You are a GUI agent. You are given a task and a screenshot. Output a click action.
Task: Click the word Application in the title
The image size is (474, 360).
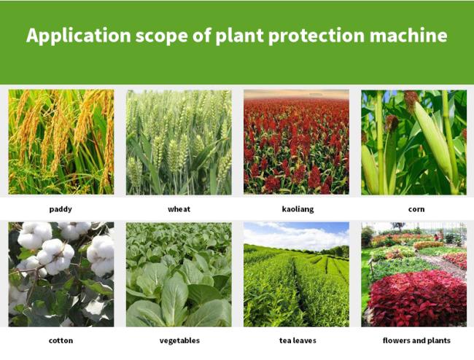[x=79, y=36]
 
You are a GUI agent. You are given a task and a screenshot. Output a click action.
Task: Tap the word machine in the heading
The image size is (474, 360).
[x=408, y=35]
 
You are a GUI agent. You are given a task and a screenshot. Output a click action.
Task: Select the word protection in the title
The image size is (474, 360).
[x=316, y=36]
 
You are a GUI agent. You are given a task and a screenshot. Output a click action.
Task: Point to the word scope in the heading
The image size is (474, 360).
[x=162, y=36]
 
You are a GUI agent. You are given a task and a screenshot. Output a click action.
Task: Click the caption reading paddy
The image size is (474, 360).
[x=61, y=209]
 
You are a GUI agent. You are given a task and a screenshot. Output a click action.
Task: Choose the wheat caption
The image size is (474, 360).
[x=179, y=209]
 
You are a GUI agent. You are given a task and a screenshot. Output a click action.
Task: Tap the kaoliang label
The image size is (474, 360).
[x=298, y=209]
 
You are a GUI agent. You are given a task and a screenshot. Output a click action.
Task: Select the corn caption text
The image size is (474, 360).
[x=416, y=209]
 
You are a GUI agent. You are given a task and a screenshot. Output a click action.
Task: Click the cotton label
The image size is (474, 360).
[x=61, y=340]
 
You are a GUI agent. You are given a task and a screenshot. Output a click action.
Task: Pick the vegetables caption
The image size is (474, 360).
[x=179, y=340]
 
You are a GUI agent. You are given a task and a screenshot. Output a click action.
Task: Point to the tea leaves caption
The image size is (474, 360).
[x=298, y=340]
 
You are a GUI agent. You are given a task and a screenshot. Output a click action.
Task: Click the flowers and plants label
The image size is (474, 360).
[x=416, y=340]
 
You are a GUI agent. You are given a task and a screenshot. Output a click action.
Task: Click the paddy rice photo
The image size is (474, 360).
[x=61, y=142]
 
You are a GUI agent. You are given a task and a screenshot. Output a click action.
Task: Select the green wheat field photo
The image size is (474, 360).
[x=179, y=142]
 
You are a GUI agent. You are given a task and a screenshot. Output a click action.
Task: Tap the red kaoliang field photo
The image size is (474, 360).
[x=296, y=142]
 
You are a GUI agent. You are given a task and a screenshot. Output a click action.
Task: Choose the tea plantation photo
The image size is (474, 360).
[x=296, y=275]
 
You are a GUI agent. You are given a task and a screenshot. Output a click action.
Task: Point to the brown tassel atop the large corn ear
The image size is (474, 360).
[x=411, y=101]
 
